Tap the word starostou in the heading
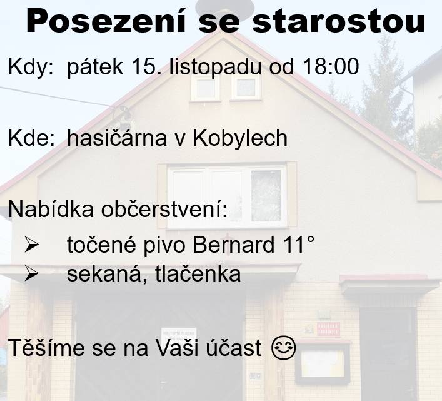(x=338, y=22)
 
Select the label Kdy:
(x=31, y=67)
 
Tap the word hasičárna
(x=116, y=138)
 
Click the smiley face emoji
(x=283, y=348)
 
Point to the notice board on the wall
(x=323, y=363)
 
